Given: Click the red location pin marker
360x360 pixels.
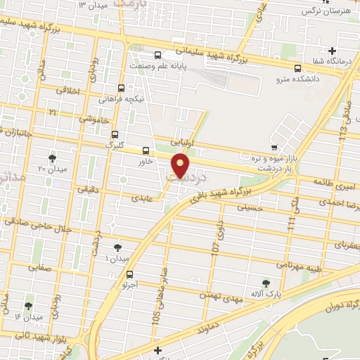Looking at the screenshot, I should [181, 167].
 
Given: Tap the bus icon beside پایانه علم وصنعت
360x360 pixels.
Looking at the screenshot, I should [157, 55].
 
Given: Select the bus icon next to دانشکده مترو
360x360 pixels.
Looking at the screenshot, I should [299, 69].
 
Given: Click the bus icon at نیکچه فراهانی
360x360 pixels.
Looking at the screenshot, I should [122, 88].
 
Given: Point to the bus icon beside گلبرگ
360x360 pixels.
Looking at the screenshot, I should [115, 134].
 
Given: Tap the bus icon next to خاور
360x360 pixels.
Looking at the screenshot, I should [146, 150].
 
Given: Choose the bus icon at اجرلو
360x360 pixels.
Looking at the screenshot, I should [129, 275].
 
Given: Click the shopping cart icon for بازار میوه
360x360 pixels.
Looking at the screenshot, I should [274, 147].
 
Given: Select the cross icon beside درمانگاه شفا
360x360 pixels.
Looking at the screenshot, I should [333, 50].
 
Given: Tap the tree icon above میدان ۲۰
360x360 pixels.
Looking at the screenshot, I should [53, 158].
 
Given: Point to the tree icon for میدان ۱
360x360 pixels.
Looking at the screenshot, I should [117, 247].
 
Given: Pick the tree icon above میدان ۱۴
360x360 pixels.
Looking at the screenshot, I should [28, 306].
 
